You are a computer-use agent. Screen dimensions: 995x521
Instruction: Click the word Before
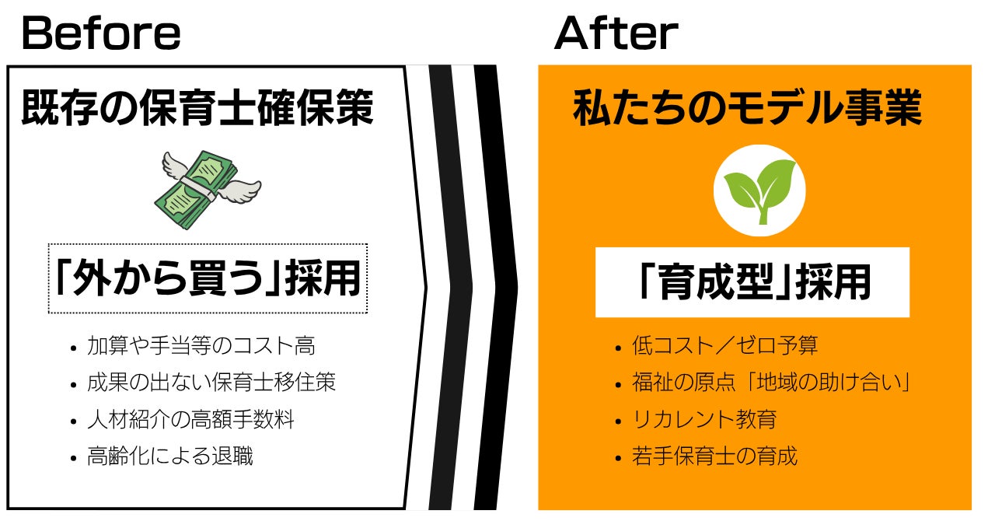tap(101, 33)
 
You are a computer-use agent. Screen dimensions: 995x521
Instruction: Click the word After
tap(616, 33)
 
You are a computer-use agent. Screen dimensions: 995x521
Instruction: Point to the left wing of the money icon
tap(175, 164)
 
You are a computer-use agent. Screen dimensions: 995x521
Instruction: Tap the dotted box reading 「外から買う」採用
tap(208, 278)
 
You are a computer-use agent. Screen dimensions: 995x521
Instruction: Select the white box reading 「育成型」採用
tap(752, 282)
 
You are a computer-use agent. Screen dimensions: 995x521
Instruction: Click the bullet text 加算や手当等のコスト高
tap(201, 346)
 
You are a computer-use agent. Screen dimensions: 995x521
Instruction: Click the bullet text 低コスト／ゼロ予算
tap(724, 346)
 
